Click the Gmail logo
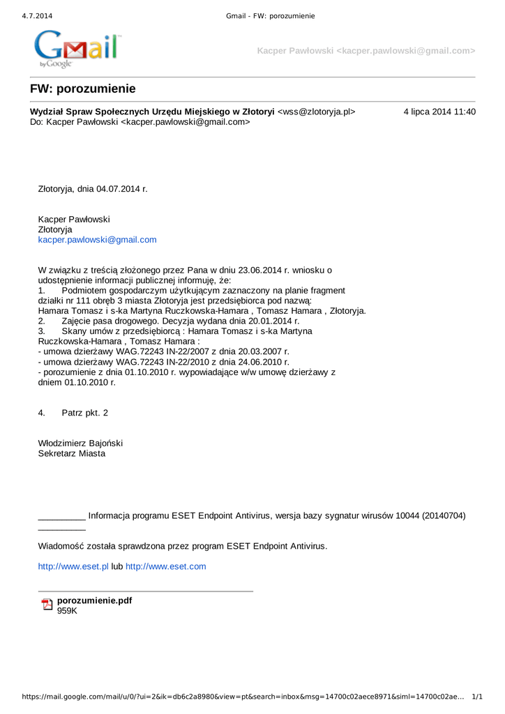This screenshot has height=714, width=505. [77, 49]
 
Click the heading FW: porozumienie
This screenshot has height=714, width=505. [82, 89]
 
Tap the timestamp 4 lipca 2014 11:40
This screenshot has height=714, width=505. [439, 112]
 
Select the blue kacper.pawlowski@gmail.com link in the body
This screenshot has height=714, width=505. [97, 240]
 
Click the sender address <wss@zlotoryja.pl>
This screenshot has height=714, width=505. [316, 112]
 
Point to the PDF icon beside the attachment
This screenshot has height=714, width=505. [47, 604]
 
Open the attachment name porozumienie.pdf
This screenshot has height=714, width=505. [94, 600]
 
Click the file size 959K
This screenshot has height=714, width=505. [67, 611]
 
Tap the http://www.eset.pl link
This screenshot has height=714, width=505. [73, 566]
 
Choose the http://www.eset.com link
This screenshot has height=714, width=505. [166, 566]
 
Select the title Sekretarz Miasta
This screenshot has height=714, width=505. [72, 453]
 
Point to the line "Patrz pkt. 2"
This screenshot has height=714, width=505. [85, 413]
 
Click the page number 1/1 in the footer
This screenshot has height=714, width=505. [478, 697]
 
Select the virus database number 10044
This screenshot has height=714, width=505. [407, 516]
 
